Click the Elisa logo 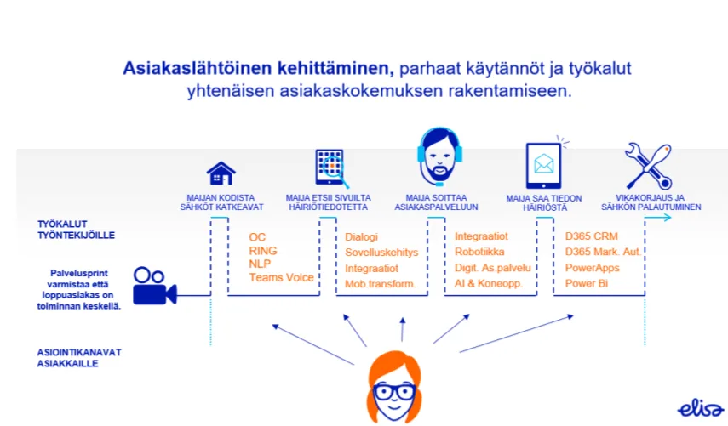[700, 409]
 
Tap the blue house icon [221, 173]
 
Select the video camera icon [154, 286]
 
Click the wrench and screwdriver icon [648, 165]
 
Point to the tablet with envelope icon [543, 164]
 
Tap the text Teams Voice [281, 277]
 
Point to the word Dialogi [361, 237]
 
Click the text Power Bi [586, 282]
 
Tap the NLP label [261, 264]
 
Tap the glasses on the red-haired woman [394, 393]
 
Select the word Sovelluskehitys [381, 253]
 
